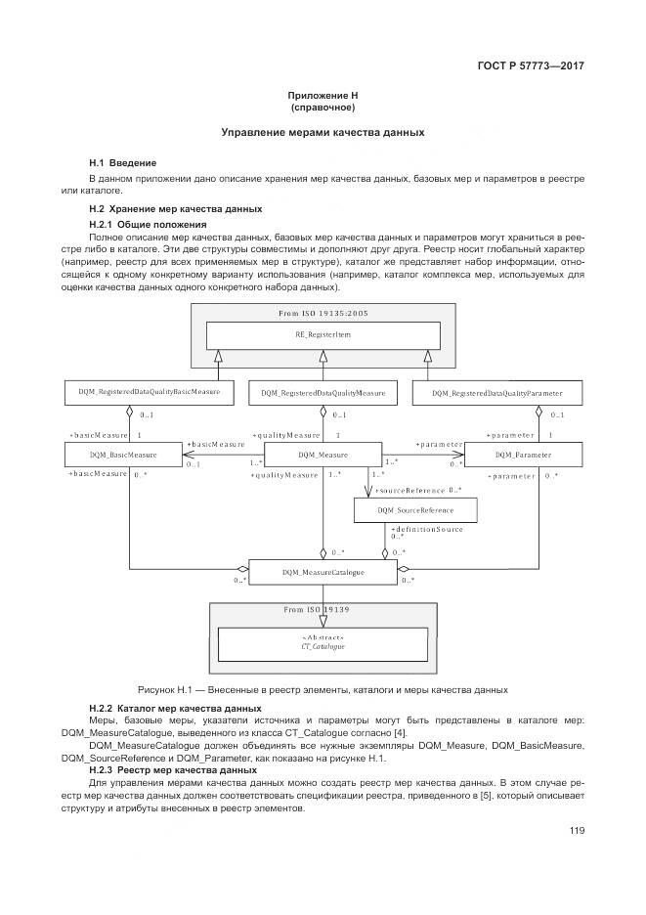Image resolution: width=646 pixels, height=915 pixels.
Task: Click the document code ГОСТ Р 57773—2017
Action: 538,66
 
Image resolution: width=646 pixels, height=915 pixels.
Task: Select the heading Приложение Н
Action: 323,95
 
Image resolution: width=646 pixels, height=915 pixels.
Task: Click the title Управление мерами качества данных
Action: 323,131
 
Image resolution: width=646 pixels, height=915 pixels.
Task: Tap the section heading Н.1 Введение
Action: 122,162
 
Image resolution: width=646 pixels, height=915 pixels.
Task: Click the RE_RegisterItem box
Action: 323,334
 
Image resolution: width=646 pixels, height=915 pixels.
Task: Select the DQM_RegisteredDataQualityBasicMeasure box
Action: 149,393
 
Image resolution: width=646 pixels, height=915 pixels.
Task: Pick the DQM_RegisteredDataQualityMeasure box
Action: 323,393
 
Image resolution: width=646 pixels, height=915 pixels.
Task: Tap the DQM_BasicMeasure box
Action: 123,455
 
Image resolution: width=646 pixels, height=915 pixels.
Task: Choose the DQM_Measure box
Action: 323,455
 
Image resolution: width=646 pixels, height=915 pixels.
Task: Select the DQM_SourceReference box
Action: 416,510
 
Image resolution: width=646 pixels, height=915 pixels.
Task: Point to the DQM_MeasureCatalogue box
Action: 323,572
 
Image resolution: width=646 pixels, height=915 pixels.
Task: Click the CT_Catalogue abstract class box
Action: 323,642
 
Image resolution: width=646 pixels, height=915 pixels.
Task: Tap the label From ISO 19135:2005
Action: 323,313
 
